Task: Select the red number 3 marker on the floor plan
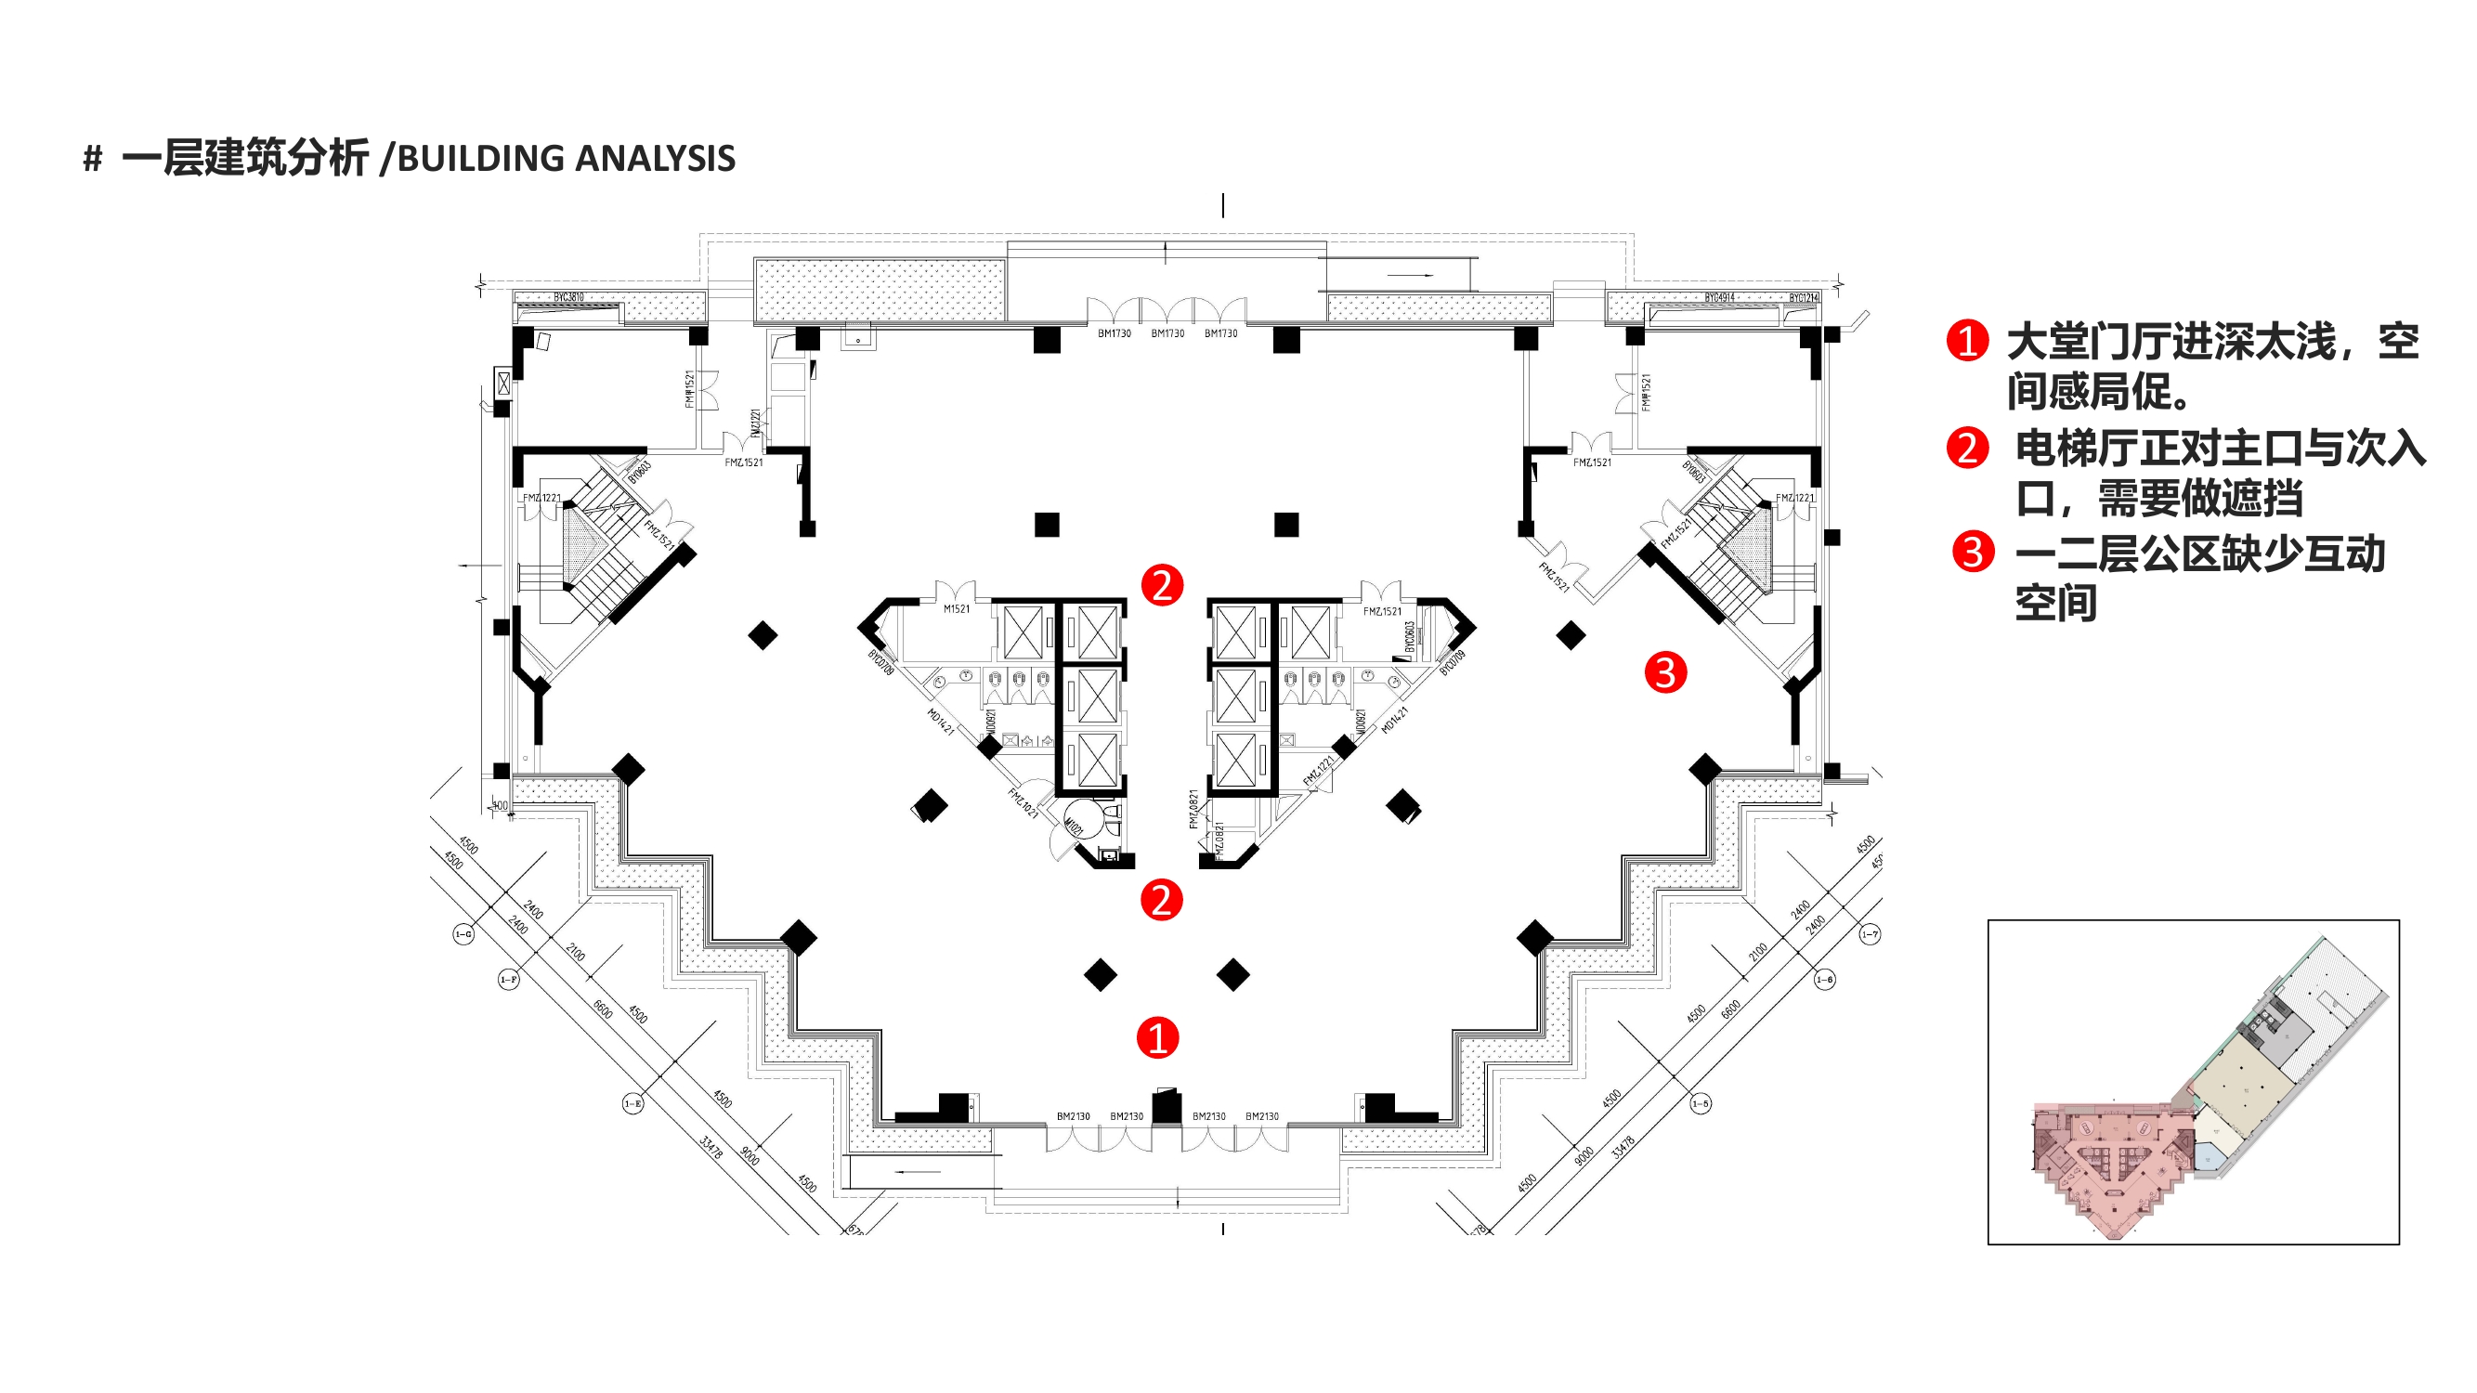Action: coord(1665,672)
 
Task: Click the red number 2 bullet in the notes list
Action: coord(1966,448)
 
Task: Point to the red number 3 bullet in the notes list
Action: coord(1972,552)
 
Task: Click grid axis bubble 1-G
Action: coord(463,933)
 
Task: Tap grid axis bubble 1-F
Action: coord(509,980)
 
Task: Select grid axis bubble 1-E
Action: coord(632,1103)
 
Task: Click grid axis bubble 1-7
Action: coord(1870,934)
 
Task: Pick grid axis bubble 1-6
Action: coord(1824,980)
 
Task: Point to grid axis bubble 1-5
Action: coord(1700,1103)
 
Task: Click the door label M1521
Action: coord(956,608)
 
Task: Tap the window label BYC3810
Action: coord(568,297)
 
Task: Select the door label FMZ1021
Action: coord(1023,802)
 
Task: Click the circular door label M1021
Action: coord(1075,826)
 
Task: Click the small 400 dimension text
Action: coord(500,805)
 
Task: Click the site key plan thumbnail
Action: coord(2193,1082)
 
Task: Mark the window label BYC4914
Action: coord(1719,298)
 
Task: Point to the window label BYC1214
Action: coord(1803,298)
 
